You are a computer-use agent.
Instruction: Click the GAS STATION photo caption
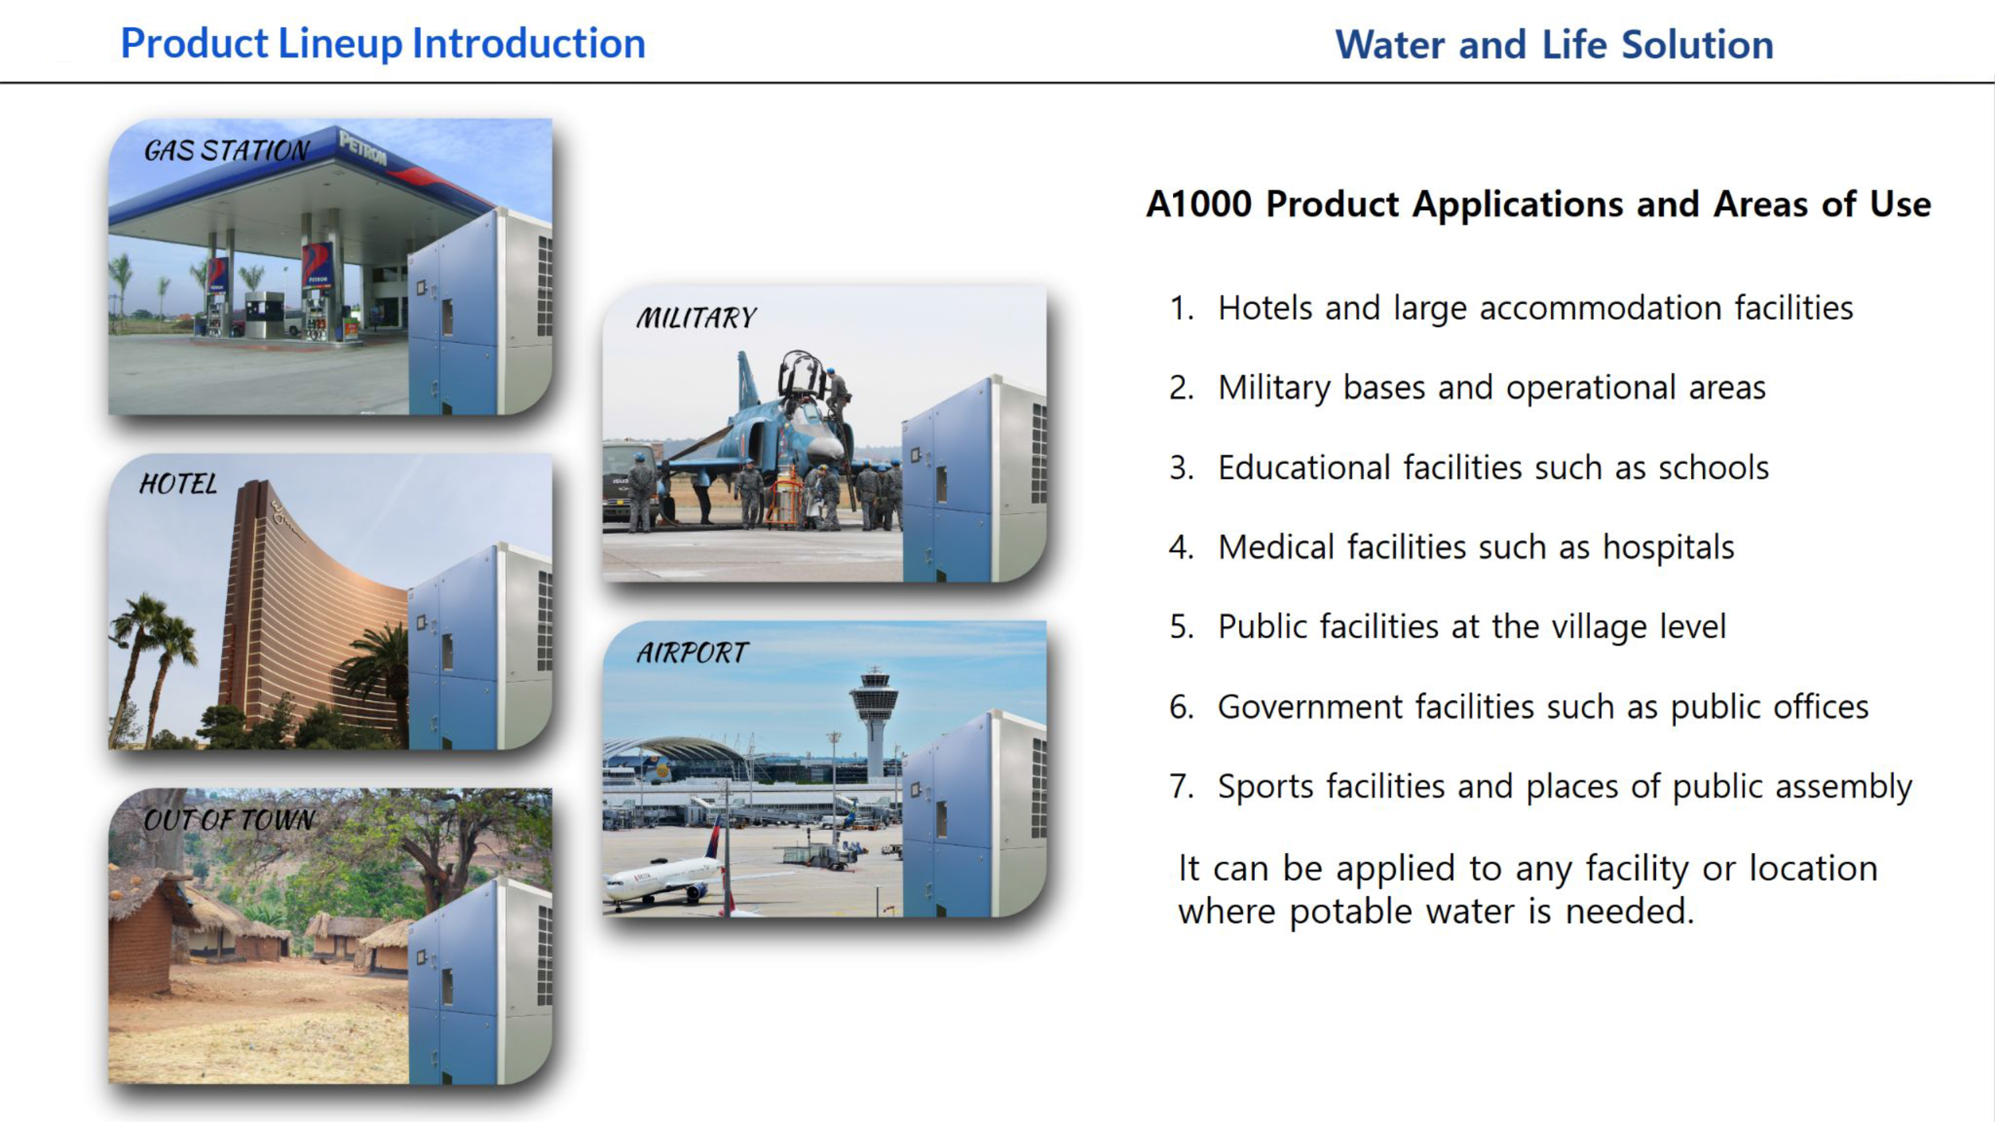227,150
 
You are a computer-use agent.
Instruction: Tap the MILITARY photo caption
696,318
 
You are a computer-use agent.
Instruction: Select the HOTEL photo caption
178,484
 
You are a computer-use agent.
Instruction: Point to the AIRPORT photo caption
692,653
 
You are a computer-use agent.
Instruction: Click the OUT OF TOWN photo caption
229,820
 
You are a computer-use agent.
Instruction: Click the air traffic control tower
874,720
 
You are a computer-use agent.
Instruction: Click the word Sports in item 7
1265,787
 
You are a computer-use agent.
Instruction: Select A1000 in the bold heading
1199,205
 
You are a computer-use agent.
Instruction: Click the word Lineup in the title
340,43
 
